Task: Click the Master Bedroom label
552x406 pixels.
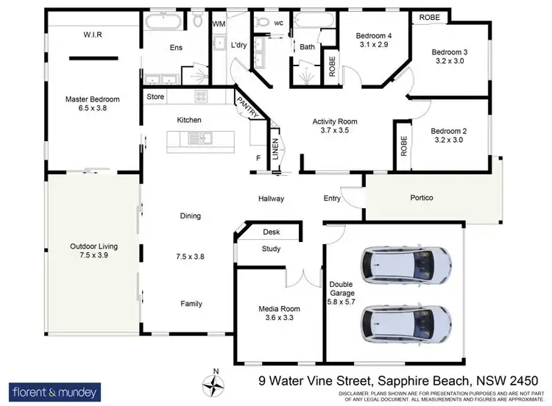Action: pos(92,99)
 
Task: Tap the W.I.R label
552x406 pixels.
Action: pos(92,34)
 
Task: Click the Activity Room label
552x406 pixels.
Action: pos(334,122)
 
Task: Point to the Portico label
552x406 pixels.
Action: pos(421,198)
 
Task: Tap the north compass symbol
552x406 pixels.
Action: pos(215,383)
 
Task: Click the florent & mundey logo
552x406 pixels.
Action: pos(54,391)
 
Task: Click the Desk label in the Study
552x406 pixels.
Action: pos(271,232)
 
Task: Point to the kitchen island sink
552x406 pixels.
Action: pos(199,138)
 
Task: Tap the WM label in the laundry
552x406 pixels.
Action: pos(219,24)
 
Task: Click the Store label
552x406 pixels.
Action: pos(155,96)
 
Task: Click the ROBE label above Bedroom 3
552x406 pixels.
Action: pos(429,17)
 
